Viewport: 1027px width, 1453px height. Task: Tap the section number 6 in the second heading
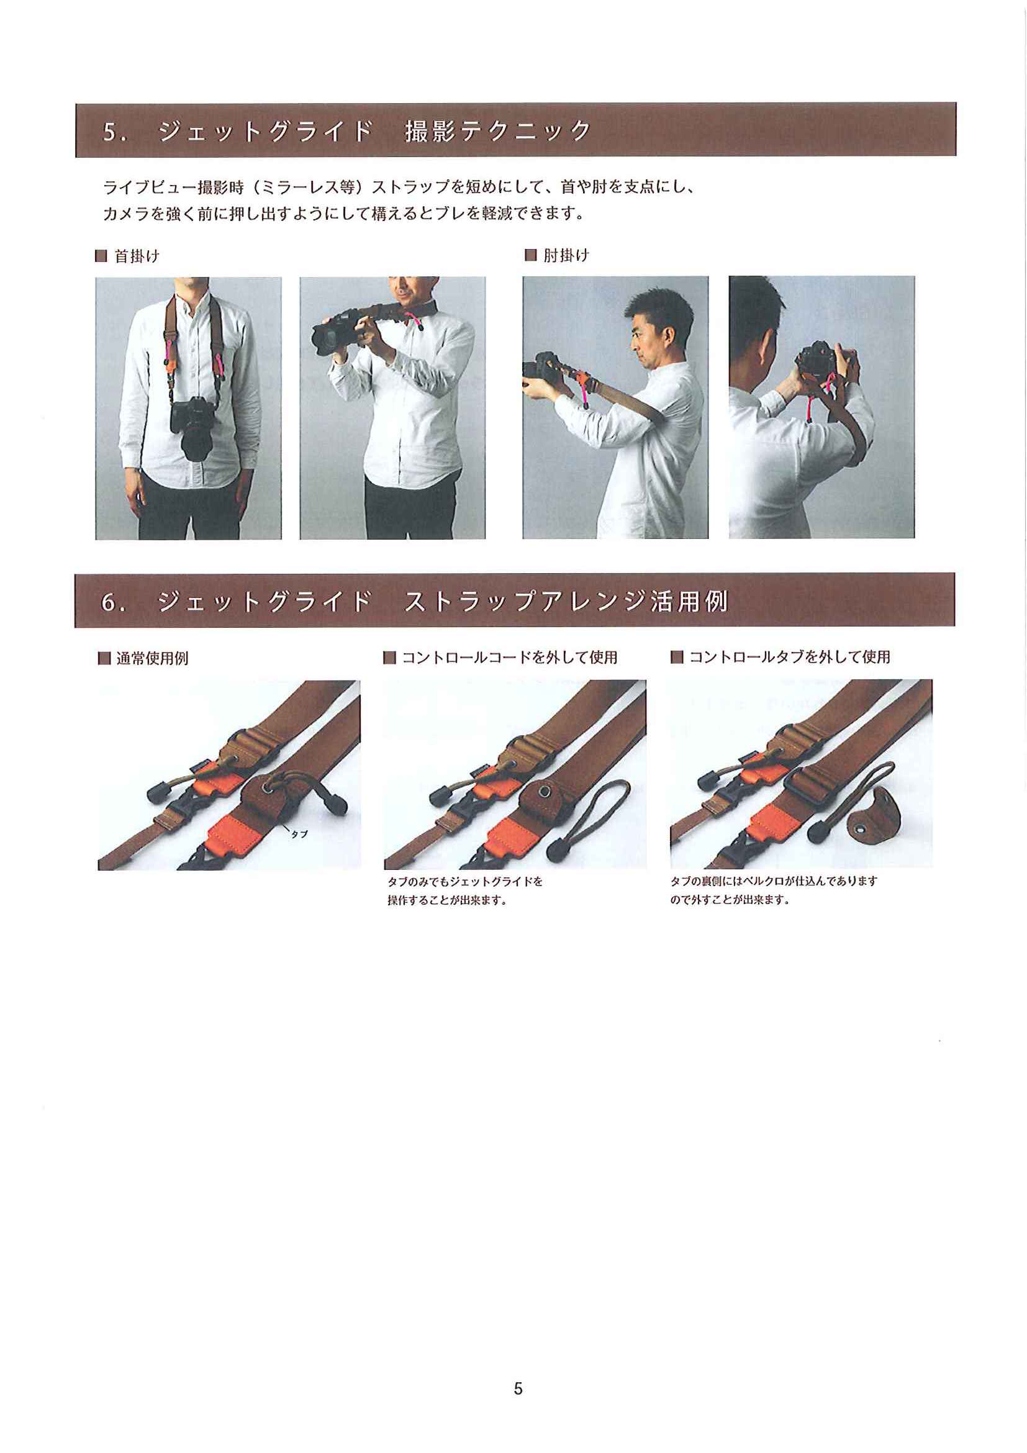[x=108, y=602]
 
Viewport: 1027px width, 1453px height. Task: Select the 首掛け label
[x=137, y=256]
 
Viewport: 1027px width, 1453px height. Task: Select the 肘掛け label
[x=566, y=256]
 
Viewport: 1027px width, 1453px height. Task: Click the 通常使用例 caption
[x=153, y=658]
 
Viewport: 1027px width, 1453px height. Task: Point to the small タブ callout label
[x=299, y=834]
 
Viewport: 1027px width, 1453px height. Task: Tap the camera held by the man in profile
[x=544, y=372]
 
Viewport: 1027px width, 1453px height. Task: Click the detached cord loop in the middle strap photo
[x=591, y=820]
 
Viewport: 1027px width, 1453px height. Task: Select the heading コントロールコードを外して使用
[x=509, y=658]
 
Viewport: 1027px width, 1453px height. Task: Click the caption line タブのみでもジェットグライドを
[x=465, y=881]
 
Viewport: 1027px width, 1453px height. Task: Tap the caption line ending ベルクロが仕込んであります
[x=774, y=881]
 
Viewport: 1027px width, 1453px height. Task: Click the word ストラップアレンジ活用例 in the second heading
[x=566, y=601]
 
